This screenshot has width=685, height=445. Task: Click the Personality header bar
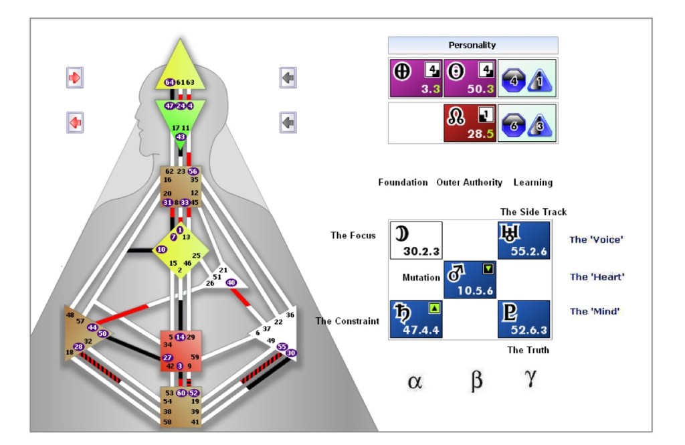[x=472, y=46]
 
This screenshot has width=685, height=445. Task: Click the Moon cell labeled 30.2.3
[x=415, y=241]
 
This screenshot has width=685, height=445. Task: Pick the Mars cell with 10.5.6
[x=470, y=280]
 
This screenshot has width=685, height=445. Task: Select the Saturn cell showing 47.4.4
[x=415, y=319]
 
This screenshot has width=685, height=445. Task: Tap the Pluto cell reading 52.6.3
[x=524, y=319]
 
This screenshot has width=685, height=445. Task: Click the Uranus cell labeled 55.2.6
[x=524, y=241]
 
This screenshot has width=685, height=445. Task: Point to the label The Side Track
[x=533, y=212]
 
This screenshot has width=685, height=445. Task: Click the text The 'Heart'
[x=591, y=277]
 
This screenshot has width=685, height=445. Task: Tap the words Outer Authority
[x=470, y=182]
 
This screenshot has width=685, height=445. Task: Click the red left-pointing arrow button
[x=74, y=122]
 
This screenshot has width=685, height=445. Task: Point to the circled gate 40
[x=231, y=282]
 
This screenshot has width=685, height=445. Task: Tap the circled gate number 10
[x=161, y=250]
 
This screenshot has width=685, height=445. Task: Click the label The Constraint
[x=347, y=321]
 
